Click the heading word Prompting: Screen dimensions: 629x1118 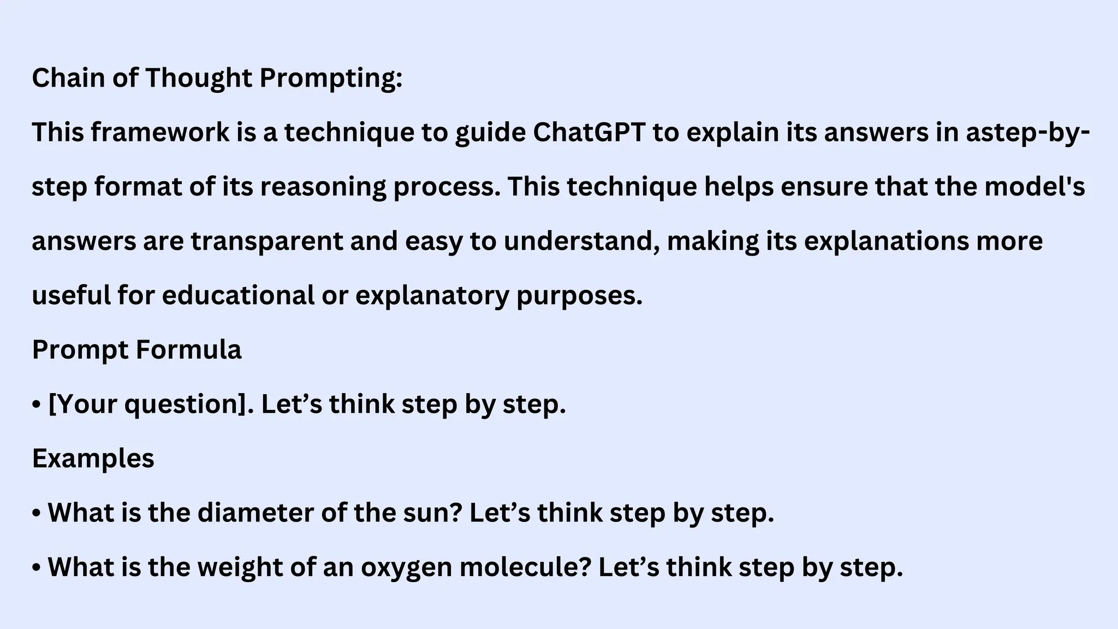[x=330, y=78]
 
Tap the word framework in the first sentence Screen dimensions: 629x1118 [x=160, y=133]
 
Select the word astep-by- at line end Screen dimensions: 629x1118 [x=1028, y=133]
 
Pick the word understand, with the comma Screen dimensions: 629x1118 [x=582, y=241]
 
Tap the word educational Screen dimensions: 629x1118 [x=239, y=295]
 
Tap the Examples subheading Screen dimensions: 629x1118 [x=93, y=459]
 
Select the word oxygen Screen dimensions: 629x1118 [x=406, y=568]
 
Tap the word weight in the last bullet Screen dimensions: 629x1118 [x=240, y=568]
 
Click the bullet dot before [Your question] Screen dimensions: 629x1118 [x=37, y=406]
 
